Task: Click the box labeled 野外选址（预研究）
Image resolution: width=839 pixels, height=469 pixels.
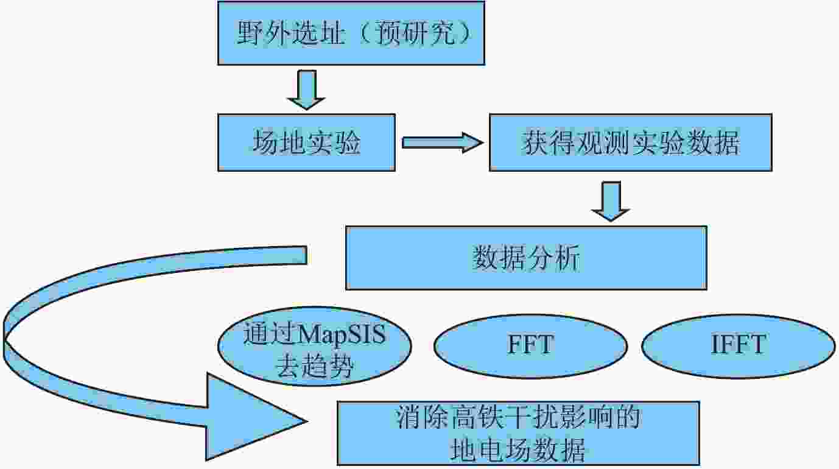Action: [351, 33]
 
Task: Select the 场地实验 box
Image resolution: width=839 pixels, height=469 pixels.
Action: [306, 143]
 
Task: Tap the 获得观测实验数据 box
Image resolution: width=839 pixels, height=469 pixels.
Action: [631, 143]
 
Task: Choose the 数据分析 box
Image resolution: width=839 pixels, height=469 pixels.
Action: [526, 258]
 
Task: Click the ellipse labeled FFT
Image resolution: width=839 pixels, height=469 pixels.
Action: [530, 346]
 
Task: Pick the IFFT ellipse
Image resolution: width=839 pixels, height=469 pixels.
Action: [739, 346]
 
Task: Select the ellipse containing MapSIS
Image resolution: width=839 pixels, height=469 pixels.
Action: [315, 346]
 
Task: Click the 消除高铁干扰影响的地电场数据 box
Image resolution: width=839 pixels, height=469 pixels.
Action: [518, 434]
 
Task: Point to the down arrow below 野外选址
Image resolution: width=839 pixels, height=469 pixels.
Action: [306, 90]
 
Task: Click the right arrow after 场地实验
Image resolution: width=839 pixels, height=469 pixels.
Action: [443, 143]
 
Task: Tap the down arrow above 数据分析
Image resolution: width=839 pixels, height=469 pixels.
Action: [611, 201]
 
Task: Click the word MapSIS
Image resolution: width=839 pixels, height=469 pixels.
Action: [342, 334]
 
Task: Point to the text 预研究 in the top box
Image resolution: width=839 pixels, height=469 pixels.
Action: [415, 33]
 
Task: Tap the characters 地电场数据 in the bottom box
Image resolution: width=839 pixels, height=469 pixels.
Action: [518, 450]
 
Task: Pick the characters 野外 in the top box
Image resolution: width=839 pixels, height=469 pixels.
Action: [263, 33]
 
